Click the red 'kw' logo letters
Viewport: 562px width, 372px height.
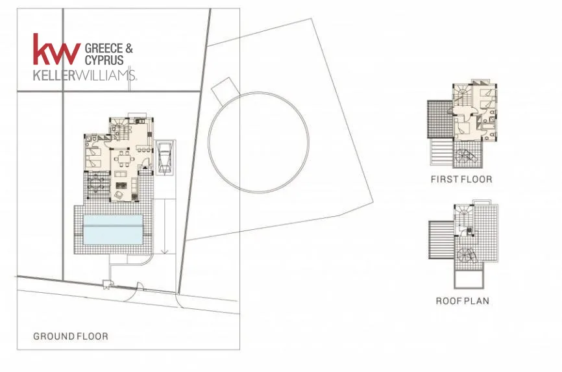click(56, 49)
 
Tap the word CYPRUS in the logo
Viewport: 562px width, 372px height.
click(104, 60)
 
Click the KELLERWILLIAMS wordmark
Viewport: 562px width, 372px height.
click(84, 75)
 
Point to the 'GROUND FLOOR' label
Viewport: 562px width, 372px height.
click(71, 336)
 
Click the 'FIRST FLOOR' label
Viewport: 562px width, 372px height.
click(461, 179)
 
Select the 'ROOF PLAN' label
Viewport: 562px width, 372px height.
click(462, 301)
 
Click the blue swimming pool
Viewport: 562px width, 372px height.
click(113, 230)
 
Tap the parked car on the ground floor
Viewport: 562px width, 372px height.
click(165, 157)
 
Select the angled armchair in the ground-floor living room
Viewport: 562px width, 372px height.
click(118, 195)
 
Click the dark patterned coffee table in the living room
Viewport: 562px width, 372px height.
click(121, 186)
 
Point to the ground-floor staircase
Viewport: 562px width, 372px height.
click(120, 130)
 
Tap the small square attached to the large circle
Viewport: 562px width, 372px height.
click(225, 89)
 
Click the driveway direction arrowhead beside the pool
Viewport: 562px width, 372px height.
click(165, 251)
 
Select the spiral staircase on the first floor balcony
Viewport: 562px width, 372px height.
click(465, 156)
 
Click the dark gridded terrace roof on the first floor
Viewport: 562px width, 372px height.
click(441, 119)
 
